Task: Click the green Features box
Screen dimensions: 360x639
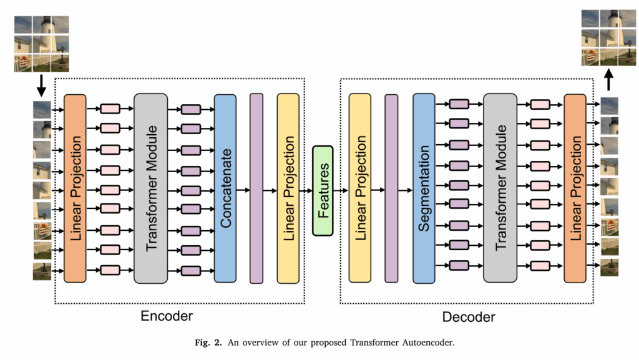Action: [323, 190]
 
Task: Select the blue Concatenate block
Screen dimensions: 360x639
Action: [225, 187]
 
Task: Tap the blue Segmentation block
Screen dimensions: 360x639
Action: [424, 187]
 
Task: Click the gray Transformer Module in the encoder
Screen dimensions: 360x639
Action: [151, 187]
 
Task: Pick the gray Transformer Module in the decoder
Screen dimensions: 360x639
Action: [500, 187]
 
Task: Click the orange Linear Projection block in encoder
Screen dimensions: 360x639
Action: [75, 187]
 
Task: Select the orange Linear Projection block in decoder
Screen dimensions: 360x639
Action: [575, 187]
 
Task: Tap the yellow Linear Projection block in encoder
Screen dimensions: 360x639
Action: [288, 187]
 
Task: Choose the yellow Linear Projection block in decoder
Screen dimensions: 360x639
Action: [360, 187]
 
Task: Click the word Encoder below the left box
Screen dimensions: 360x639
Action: [166, 316]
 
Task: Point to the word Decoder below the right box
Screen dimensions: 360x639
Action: [469, 317]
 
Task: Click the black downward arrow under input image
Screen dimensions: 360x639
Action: [41, 85]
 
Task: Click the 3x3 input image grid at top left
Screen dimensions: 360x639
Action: [41, 44]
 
